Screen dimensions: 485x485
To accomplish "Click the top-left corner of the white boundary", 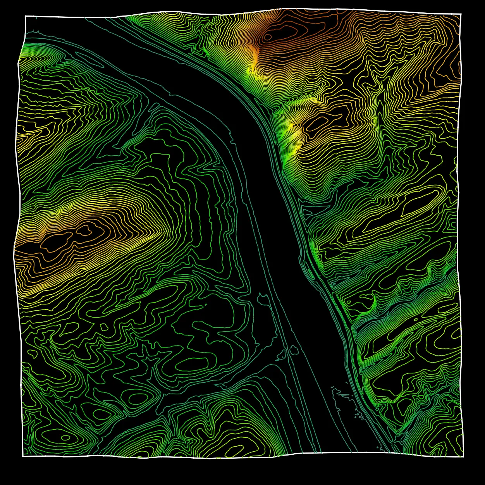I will (x=25, y=16).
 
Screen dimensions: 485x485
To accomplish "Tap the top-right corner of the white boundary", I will (x=461, y=14).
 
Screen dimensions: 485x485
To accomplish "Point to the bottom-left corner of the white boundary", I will (x=23, y=456).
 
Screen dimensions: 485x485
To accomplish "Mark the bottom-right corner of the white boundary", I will (x=463, y=456).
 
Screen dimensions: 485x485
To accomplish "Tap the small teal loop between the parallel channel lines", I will (x=294, y=350).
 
